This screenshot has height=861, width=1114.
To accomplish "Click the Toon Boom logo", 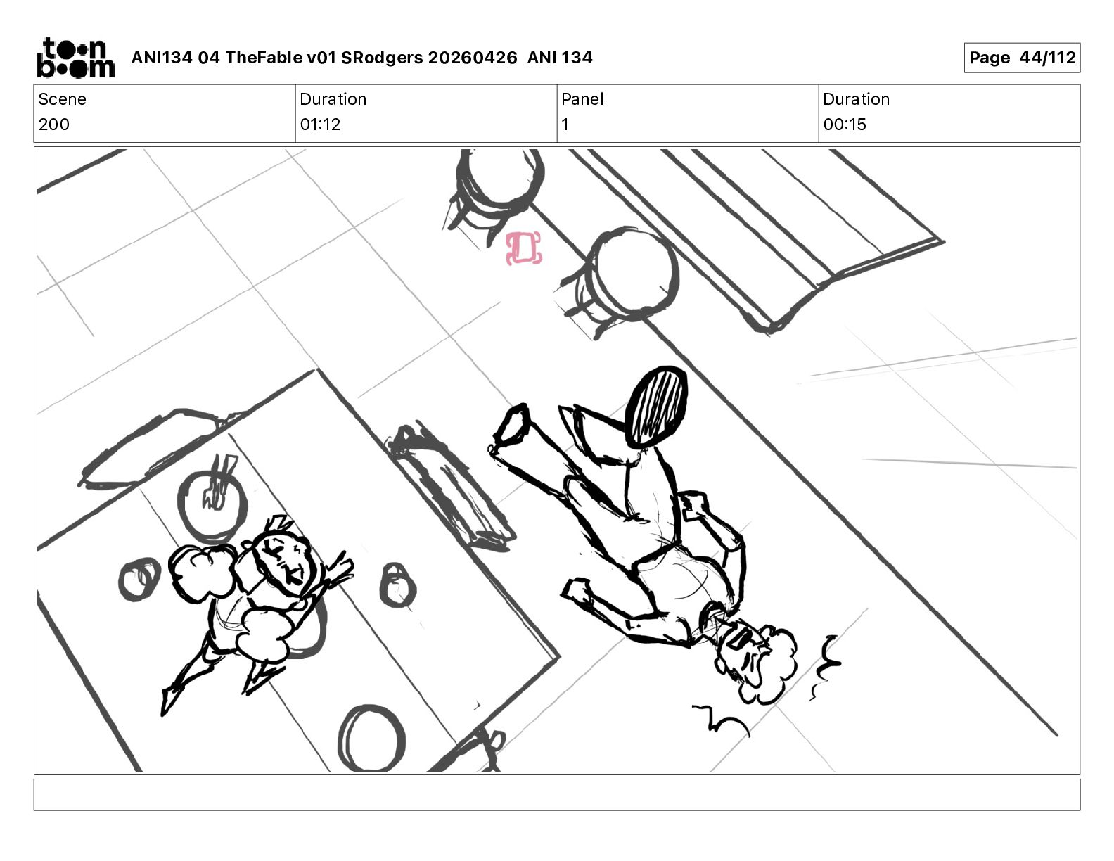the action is point(76,58).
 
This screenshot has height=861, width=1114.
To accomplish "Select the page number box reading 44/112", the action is point(1022,58).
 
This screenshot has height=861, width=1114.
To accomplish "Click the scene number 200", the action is point(54,124).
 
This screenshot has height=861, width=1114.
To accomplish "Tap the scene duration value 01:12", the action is point(320,124).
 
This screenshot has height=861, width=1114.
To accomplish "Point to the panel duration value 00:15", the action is point(845,124).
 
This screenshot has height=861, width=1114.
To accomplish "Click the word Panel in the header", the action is point(582,99).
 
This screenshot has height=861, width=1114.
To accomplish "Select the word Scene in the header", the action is point(62,99).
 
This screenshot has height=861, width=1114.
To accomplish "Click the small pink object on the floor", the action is point(523,248).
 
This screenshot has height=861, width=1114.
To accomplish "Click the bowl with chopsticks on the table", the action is point(212,504).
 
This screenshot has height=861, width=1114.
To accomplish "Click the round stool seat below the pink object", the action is point(633,274).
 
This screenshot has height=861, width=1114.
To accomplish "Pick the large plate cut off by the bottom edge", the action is point(371,739).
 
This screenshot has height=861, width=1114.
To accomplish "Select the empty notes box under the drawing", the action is point(557,795).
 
